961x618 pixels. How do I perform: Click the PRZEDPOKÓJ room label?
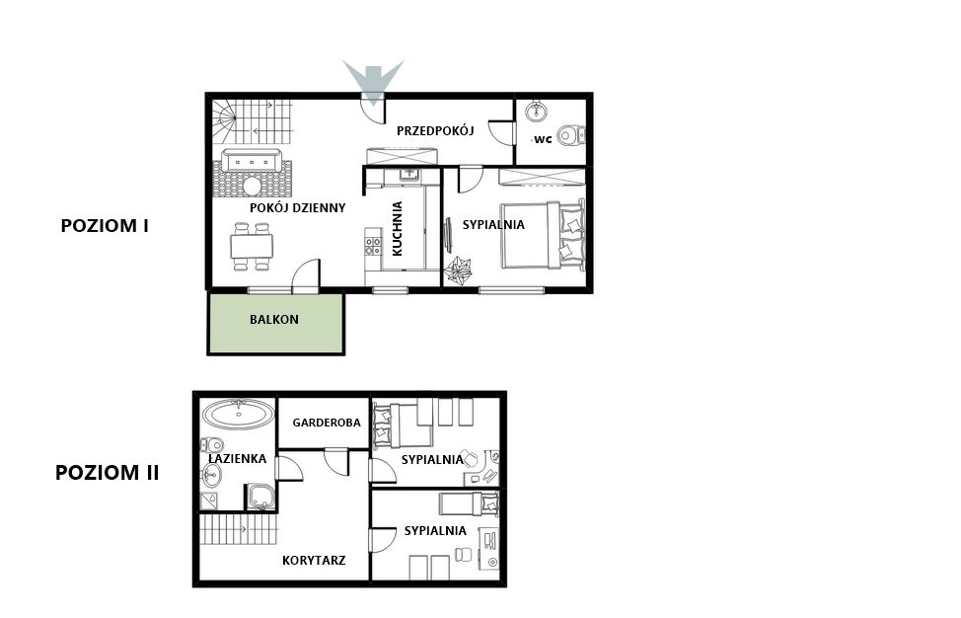pyautogui.click(x=435, y=130)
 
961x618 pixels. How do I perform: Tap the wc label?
pyautogui.click(x=543, y=139)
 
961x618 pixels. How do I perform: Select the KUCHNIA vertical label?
pyautogui.click(x=398, y=228)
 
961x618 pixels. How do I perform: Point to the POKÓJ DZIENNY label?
pyautogui.click(x=297, y=208)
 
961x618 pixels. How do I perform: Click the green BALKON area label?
pyautogui.click(x=274, y=320)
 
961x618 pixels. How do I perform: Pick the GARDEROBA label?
pyautogui.click(x=326, y=423)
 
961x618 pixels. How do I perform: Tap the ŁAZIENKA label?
pyautogui.click(x=237, y=458)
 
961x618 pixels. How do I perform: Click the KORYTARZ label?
pyautogui.click(x=314, y=561)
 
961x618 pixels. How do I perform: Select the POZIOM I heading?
pyautogui.click(x=105, y=226)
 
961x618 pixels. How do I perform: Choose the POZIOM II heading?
pyautogui.click(x=108, y=473)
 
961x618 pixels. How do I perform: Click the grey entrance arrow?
pyautogui.click(x=373, y=80)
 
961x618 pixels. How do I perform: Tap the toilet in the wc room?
pyautogui.click(x=571, y=135)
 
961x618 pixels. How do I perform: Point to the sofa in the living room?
pyautogui.click(x=252, y=161)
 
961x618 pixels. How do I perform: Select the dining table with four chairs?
pyautogui.click(x=252, y=247)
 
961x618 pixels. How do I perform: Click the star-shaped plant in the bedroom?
pyautogui.click(x=458, y=270)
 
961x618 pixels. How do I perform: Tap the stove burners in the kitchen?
pyautogui.click(x=373, y=247)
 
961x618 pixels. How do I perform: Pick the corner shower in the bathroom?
pyautogui.click(x=260, y=498)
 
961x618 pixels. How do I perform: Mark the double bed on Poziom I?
pyautogui.click(x=543, y=234)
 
